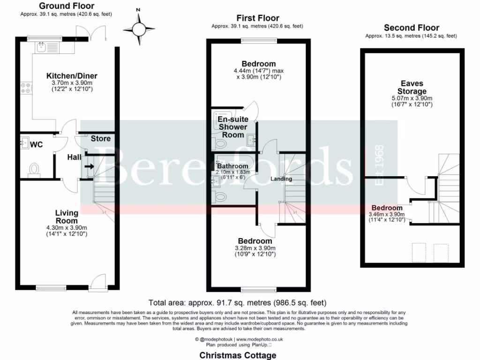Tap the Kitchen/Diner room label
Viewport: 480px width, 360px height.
pyautogui.click(x=72, y=76)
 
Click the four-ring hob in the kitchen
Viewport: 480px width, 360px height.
pyautogui.click(x=26, y=88)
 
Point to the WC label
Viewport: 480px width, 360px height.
pyautogui.click(x=37, y=144)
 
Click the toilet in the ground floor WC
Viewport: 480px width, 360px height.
pyautogui.click(x=34, y=170)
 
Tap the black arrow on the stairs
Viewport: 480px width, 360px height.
pyautogui.click(x=90, y=166)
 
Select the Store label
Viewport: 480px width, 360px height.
pyautogui.click(x=101, y=139)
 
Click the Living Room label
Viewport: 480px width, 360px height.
pyautogui.click(x=67, y=217)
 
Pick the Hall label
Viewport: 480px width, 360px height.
pyautogui.click(x=75, y=157)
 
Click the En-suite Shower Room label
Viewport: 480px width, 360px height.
pyautogui.click(x=233, y=127)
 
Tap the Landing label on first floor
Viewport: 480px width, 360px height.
pyautogui.click(x=281, y=179)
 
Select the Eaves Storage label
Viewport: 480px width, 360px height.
pyautogui.click(x=412, y=87)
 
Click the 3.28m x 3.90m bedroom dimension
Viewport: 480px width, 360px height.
pyautogui.click(x=255, y=248)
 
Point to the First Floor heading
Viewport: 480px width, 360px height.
pyautogui.click(x=258, y=18)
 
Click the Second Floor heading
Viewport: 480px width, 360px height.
pyautogui.click(x=412, y=28)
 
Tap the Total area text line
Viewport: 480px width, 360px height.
pyautogui.click(x=238, y=303)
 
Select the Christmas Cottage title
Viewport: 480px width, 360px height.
pyautogui.click(x=238, y=355)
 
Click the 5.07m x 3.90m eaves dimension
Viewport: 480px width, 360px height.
pyautogui.click(x=412, y=98)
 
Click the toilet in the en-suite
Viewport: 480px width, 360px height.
pyautogui.click(x=220, y=143)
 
